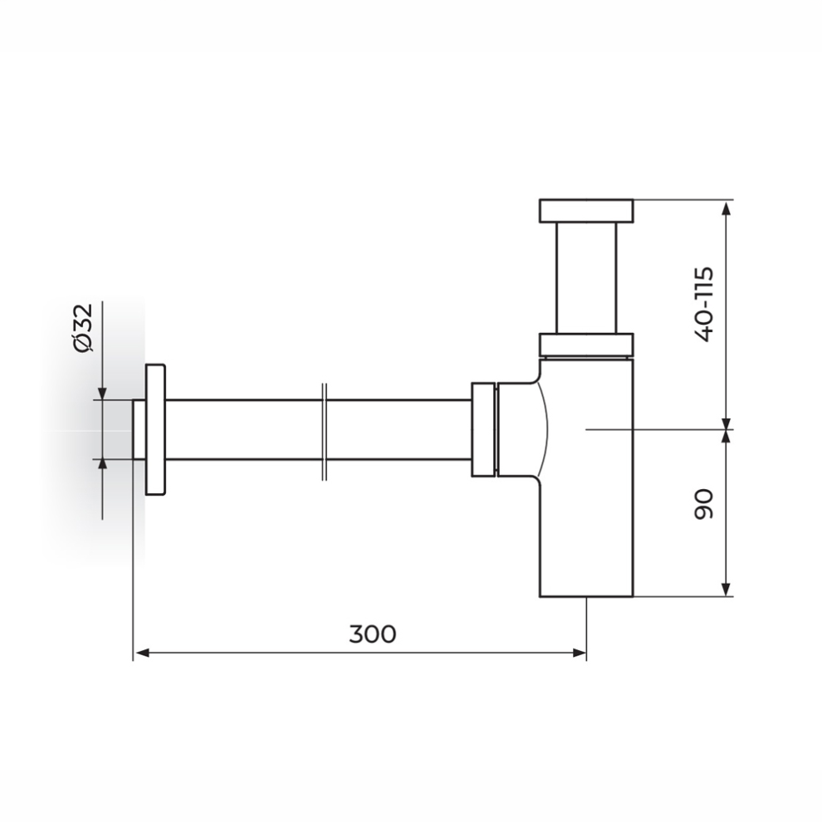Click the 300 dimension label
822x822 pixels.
[x=373, y=634]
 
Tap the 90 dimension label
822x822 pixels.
[x=703, y=504]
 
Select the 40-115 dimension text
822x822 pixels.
[x=703, y=305]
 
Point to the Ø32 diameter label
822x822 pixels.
[x=83, y=327]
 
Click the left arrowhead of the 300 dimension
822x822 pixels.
[x=141, y=653]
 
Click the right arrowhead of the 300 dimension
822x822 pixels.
[x=578, y=653]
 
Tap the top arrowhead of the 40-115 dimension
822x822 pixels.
[x=726, y=208]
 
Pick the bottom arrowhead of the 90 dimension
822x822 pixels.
[x=726, y=588]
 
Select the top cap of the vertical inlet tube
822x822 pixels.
[x=586, y=210]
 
